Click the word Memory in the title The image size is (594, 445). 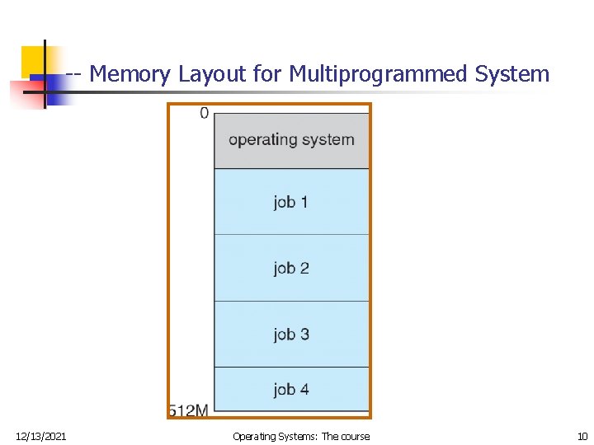[x=130, y=74]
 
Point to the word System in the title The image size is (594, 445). [x=512, y=74]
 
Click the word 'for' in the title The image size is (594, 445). [x=267, y=74]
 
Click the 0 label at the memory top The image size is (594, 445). [x=204, y=113]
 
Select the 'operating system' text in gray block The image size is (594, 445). [x=291, y=139]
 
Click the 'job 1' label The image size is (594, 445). [x=291, y=202]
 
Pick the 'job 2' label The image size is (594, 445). [x=291, y=268]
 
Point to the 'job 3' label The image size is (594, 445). [x=291, y=334]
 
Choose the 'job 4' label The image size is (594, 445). [x=291, y=389]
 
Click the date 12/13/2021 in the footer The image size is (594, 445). [x=41, y=436]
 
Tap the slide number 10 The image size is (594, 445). [x=582, y=436]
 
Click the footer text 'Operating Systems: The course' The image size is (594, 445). [x=301, y=436]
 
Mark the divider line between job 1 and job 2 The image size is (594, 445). [x=291, y=235]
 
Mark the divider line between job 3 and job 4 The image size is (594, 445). [x=291, y=367]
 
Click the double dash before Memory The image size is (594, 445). [x=73, y=75]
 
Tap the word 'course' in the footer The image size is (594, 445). [x=355, y=436]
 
